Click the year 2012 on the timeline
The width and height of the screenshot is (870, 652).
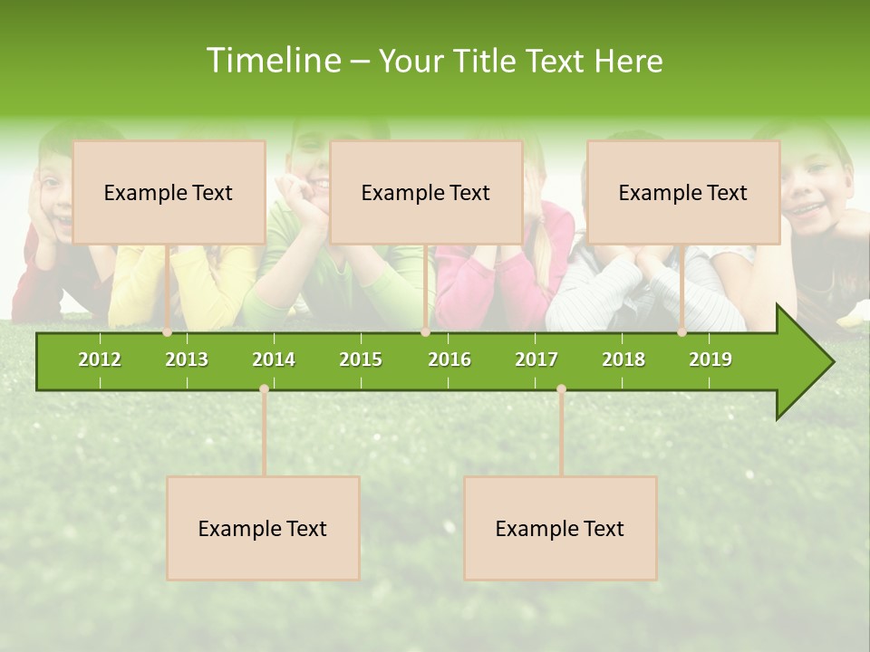(100, 360)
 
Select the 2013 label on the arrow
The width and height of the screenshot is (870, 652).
(187, 360)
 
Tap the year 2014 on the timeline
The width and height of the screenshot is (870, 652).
(274, 360)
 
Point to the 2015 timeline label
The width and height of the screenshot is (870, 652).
(361, 360)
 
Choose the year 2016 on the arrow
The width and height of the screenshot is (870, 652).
(449, 360)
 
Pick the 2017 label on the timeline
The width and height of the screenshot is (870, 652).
(536, 360)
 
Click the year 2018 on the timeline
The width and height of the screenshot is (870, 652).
(623, 360)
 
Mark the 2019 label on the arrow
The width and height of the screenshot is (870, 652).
(710, 360)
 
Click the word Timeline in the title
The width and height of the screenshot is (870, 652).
(273, 61)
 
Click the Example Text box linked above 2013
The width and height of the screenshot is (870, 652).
(169, 192)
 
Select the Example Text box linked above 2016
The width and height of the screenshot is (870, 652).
(426, 192)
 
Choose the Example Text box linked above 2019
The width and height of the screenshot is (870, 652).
(683, 192)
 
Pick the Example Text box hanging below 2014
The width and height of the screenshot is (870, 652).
(263, 528)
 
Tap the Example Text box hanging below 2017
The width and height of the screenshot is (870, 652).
(560, 528)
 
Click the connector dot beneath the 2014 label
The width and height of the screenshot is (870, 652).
(264, 389)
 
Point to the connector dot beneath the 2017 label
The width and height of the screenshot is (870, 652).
(561, 389)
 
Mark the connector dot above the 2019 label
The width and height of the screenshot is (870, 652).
(682, 332)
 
